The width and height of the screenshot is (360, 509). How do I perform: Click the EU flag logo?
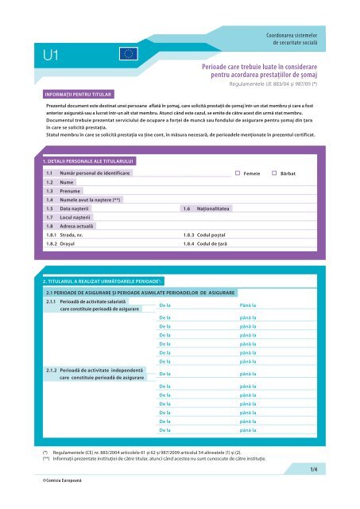coord(129,53)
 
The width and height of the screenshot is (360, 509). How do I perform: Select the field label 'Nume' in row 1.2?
coord(66,182)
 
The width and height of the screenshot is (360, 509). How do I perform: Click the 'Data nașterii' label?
coord(75,208)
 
